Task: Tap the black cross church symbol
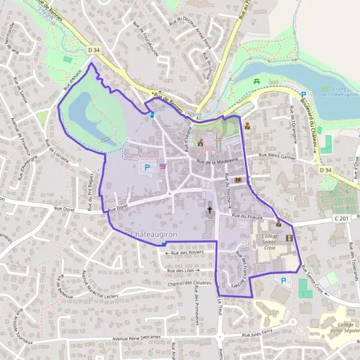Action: tap(209, 210)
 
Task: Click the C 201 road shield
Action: tap(341, 219)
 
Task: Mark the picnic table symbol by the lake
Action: tap(257, 80)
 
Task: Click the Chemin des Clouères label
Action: tap(191, 284)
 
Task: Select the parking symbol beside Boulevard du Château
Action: tap(304, 94)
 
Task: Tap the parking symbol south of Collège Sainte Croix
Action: tap(283, 279)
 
